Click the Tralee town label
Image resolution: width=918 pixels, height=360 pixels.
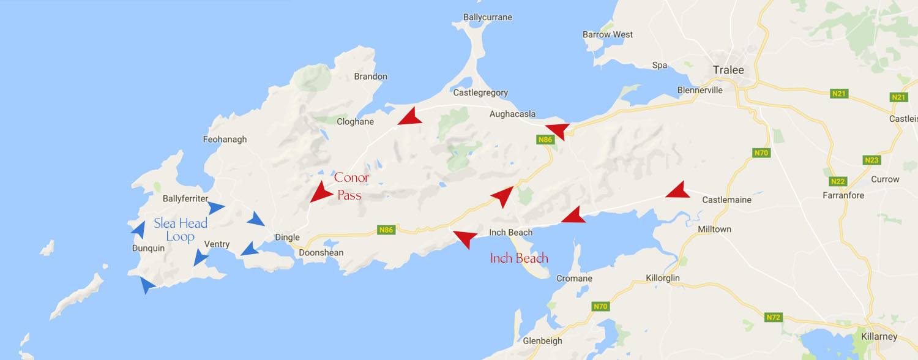[728, 70]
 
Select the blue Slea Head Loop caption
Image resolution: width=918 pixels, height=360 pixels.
[181, 230]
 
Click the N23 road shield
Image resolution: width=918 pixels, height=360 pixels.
[872, 160]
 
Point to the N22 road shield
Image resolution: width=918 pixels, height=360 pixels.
[838, 182]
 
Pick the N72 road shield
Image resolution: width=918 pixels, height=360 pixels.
[774, 318]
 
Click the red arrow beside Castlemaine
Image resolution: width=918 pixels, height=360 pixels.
[677, 190]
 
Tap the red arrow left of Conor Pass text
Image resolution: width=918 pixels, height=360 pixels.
[319, 192]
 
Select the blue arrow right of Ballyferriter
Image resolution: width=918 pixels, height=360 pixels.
[216, 208]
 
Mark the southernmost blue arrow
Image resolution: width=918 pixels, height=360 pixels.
[147, 285]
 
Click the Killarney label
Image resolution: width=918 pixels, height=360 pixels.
[879, 337]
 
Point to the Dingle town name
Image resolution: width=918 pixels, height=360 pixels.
[287, 238]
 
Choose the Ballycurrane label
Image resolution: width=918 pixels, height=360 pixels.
[488, 17]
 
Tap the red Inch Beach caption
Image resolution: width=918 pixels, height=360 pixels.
[519, 258]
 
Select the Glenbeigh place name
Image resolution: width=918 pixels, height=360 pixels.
[542, 341]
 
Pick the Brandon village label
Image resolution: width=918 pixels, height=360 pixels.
[370, 77]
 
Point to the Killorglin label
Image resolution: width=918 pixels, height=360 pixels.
[663, 278]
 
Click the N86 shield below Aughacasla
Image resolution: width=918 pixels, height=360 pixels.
[545, 140]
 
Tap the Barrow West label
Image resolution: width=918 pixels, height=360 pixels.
[608, 34]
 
